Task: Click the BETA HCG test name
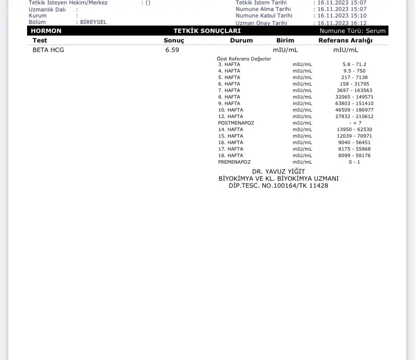(x=48, y=50)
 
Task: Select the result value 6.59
(x=172, y=50)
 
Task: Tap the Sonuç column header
(x=174, y=41)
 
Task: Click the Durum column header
(x=242, y=41)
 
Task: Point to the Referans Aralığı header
(x=345, y=41)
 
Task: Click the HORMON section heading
(x=46, y=31)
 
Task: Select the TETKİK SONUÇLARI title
(x=207, y=31)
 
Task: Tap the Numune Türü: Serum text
(x=352, y=31)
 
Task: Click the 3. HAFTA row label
(x=229, y=65)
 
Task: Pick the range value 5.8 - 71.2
(x=354, y=65)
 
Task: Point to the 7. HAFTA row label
(x=229, y=91)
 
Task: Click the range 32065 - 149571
(x=354, y=97)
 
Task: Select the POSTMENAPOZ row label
(x=236, y=123)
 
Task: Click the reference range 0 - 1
(x=354, y=162)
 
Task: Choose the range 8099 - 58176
(x=354, y=156)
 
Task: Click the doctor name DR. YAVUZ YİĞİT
(x=278, y=172)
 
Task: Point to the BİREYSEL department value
(x=94, y=23)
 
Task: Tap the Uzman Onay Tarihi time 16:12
(x=358, y=23)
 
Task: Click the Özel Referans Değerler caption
(x=244, y=59)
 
